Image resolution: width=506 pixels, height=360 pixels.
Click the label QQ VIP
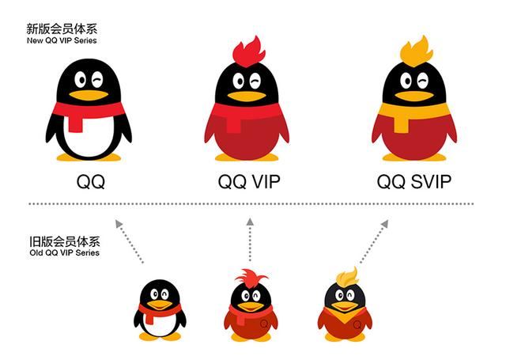click(x=249, y=182)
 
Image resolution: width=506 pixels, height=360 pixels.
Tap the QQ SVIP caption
click(x=414, y=182)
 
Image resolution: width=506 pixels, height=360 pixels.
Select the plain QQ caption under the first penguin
click(x=91, y=182)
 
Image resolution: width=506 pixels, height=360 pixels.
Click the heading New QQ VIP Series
click(x=62, y=40)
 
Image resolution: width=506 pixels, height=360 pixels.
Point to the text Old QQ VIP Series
click(x=64, y=252)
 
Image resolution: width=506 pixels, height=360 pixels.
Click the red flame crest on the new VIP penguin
click(x=249, y=51)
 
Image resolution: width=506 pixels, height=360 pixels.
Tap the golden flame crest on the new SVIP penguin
click(x=417, y=51)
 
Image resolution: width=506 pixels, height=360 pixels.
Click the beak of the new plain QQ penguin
click(x=89, y=95)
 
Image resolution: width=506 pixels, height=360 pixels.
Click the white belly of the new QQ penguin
click(x=89, y=137)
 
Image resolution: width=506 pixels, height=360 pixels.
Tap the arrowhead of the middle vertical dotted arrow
click(x=250, y=222)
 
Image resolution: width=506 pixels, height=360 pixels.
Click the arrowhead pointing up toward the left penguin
click(x=119, y=223)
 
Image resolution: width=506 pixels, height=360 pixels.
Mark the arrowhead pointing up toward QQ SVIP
click(x=385, y=223)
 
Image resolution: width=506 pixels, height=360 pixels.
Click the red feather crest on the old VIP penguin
click(x=251, y=277)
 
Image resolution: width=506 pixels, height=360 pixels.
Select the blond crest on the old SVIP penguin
click(x=347, y=277)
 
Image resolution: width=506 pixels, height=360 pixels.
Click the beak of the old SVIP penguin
click(x=345, y=305)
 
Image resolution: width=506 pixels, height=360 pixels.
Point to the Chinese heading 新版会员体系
click(x=62, y=29)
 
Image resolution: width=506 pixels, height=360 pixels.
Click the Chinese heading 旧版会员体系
click(x=65, y=241)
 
